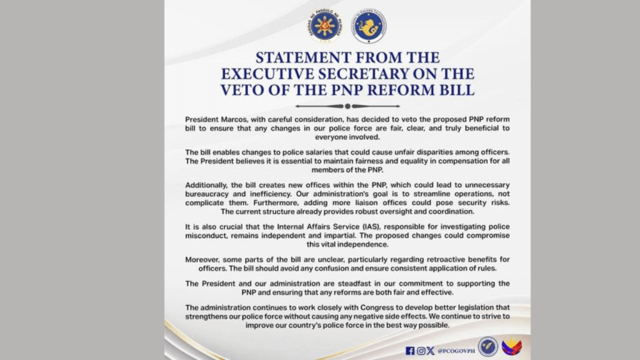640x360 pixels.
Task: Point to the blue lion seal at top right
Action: [x=368, y=26]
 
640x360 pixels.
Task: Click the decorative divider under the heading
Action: [x=347, y=106]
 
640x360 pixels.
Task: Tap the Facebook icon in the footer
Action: [x=410, y=351]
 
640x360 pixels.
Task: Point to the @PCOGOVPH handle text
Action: [x=453, y=351]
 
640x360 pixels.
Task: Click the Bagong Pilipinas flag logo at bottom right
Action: [x=512, y=346]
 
